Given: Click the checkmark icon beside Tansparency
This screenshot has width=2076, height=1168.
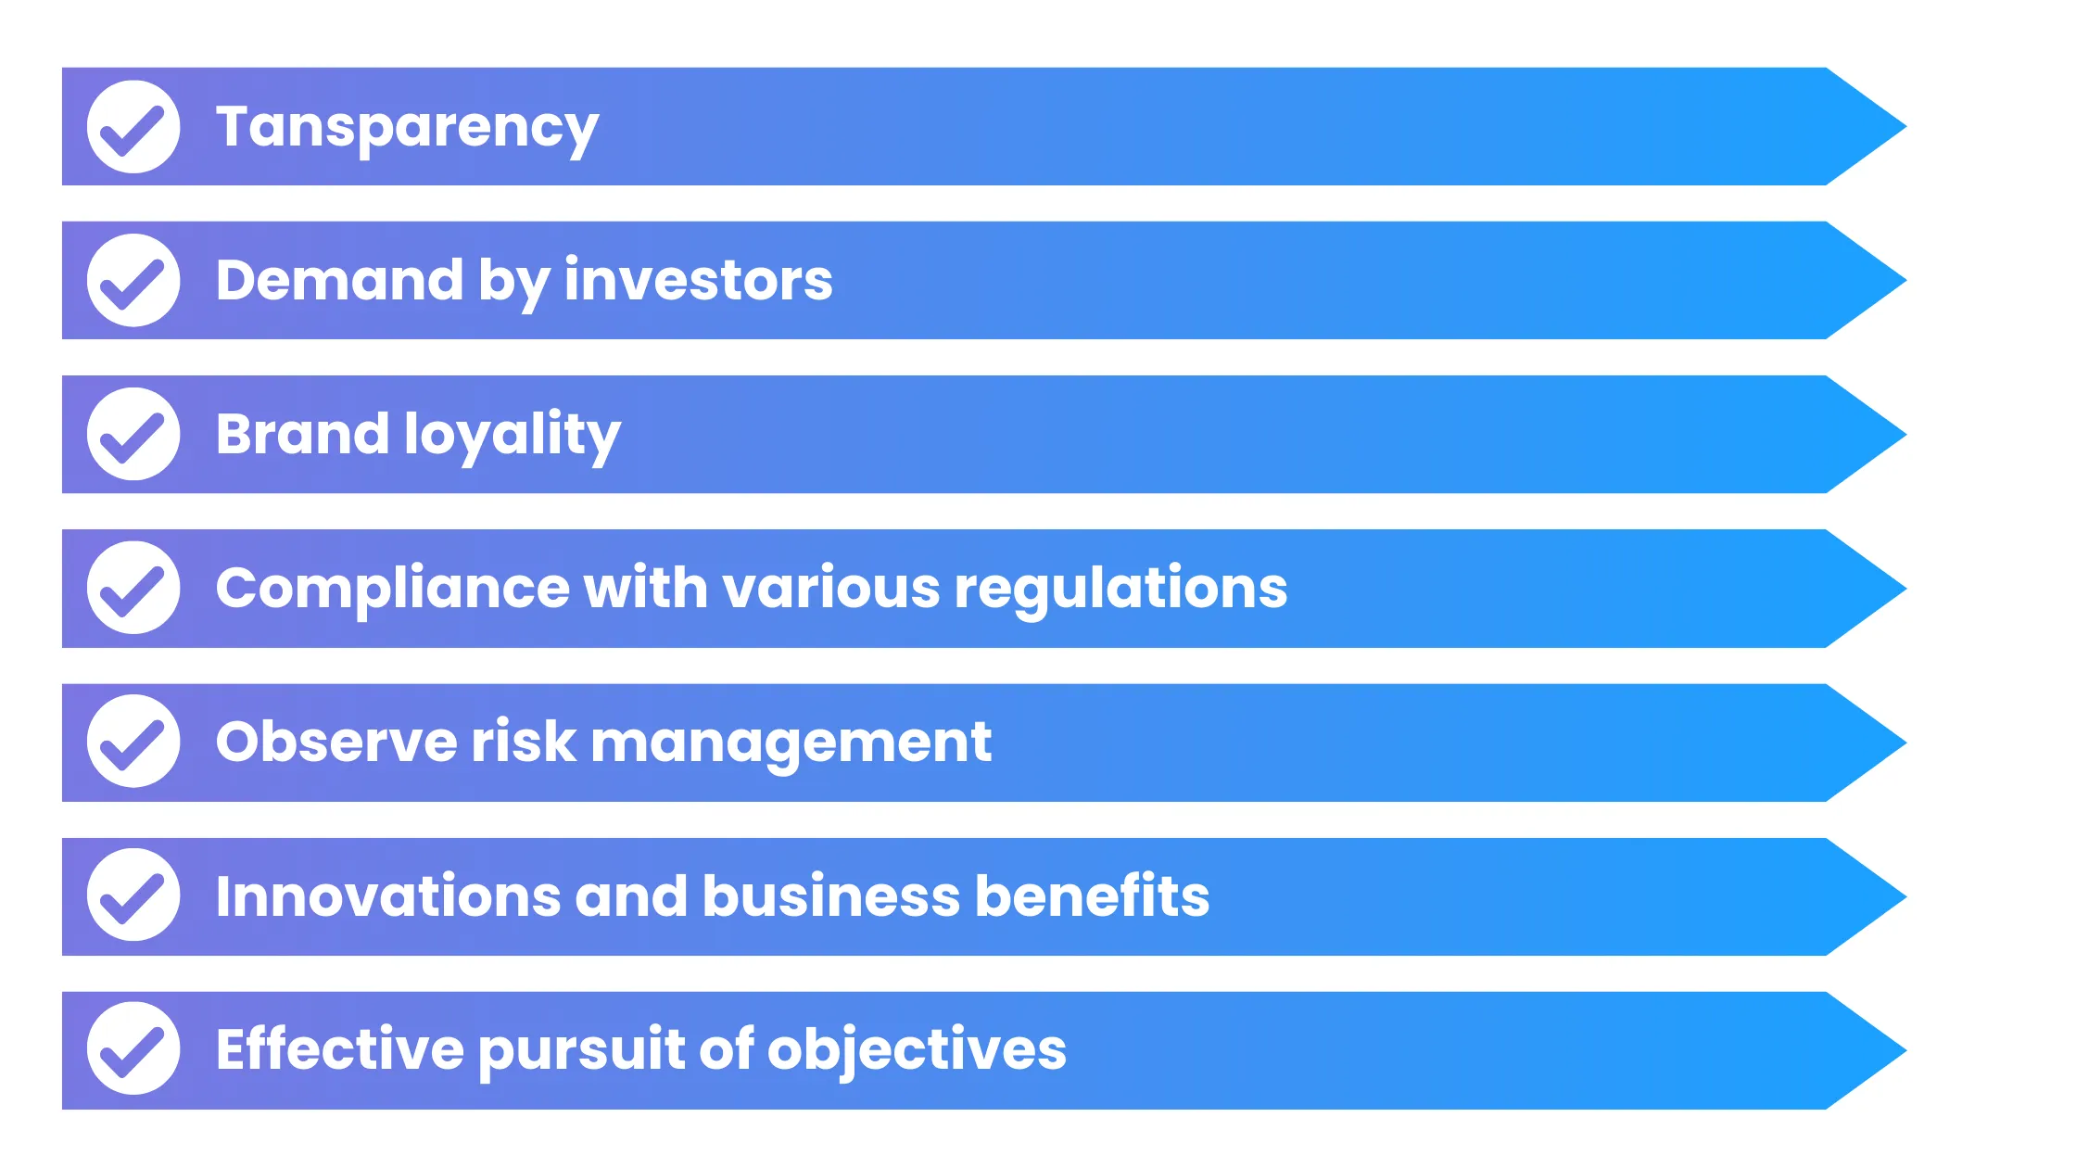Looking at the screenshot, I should (x=133, y=127).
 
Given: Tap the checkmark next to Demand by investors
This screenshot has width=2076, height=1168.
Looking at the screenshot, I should (x=133, y=281).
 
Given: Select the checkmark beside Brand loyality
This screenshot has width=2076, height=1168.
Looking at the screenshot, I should (x=133, y=435).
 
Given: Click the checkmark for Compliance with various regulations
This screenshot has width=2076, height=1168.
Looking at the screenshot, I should (x=133, y=589).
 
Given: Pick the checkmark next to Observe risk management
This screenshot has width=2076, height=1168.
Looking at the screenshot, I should (x=133, y=742).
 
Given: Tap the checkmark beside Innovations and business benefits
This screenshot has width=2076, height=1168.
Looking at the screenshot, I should (x=133, y=895).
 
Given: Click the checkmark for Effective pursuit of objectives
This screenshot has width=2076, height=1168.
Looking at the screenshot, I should (x=133, y=1049).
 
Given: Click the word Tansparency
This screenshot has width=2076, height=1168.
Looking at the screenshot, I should (x=407, y=128).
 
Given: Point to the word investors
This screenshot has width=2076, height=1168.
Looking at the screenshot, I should (x=698, y=280).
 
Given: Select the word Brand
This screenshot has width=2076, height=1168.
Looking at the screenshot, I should (x=302, y=434).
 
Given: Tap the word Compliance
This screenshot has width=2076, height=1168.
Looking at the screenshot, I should (x=392, y=589).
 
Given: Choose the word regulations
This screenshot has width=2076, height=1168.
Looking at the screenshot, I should (x=1120, y=589).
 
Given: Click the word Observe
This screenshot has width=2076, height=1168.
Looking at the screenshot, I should (x=336, y=742).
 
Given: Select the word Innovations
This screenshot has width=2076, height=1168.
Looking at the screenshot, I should (x=387, y=896).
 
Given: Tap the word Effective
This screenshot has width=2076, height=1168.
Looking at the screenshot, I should (x=339, y=1049).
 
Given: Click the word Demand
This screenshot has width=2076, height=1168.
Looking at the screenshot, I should (x=339, y=280).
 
